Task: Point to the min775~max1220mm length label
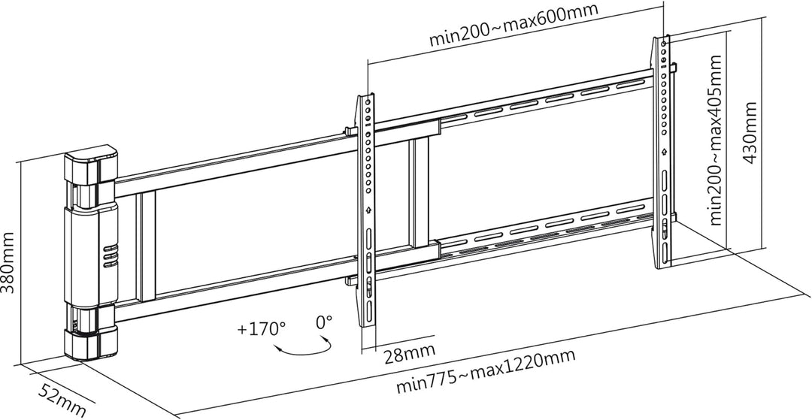pyautogui.click(x=486, y=371)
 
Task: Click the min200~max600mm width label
pyautogui.click(x=514, y=25)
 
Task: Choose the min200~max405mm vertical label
pyautogui.click(x=716, y=141)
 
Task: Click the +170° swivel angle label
pyautogui.click(x=262, y=328)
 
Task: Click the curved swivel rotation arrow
pyautogui.click(x=300, y=353)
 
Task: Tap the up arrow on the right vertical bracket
pyautogui.click(x=664, y=153)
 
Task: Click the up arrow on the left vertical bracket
pyautogui.click(x=368, y=210)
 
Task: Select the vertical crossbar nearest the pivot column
pyautogui.click(x=146, y=246)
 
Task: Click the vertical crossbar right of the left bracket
pyautogui.click(x=419, y=192)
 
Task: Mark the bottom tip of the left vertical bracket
pyautogui.click(x=365, y=327)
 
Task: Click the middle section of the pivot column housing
pyautogui.click(x=91, y=256)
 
